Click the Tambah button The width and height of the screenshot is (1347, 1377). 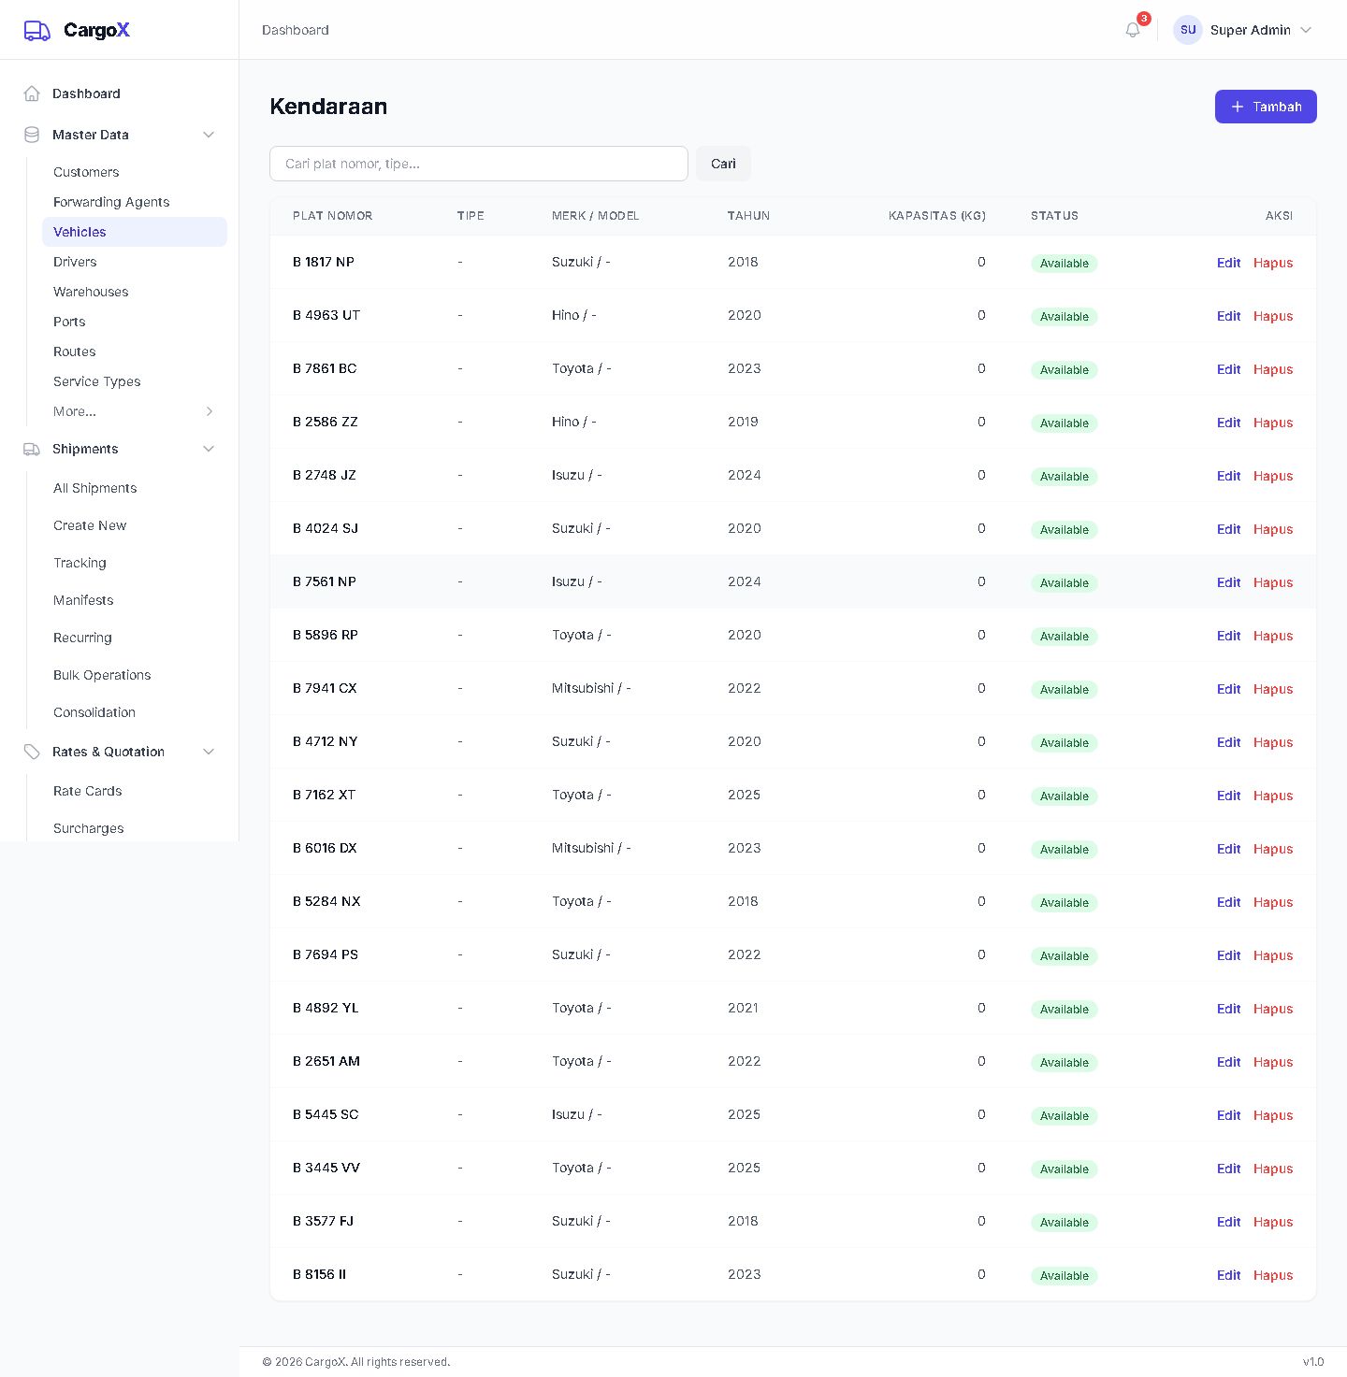coord(1265,107)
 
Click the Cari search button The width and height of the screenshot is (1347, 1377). coord(722,164)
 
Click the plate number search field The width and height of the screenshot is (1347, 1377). coord(478,164)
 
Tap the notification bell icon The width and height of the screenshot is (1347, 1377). coord(1132,30)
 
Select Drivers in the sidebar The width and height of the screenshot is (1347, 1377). coord(74,262)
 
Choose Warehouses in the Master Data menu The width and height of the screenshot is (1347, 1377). coord(91,292)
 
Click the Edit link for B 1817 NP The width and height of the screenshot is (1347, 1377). coord(1228,263)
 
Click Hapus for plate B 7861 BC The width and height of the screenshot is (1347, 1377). coord(1273,369)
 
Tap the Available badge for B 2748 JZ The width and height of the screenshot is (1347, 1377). coord(1064,476)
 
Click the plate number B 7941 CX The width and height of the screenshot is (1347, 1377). coord(325,688)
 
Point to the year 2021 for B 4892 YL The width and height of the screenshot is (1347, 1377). coord(742,1008)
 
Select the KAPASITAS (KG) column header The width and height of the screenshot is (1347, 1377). coord(936,216)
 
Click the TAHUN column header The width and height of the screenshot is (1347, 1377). coord(747,216)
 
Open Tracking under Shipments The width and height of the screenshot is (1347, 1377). coord(80,563)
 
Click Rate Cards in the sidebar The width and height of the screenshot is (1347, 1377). coord(87,790)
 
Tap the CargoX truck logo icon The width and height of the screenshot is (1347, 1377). coord(36,31)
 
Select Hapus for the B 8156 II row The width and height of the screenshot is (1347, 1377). coord(1273,1275)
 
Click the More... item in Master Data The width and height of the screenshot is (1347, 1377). coord(74,411)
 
